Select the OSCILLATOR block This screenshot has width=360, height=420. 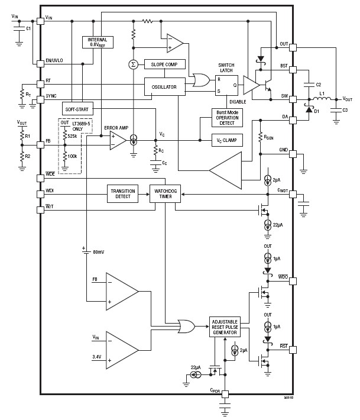tap(164, 86)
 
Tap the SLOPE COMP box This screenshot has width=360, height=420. tap(165, 64)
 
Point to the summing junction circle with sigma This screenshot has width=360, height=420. tap(133, 64)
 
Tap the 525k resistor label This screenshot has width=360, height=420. tap(72, 136)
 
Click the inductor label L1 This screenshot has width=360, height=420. tap(323, 93)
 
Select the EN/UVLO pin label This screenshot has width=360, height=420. tap(55, 60)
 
